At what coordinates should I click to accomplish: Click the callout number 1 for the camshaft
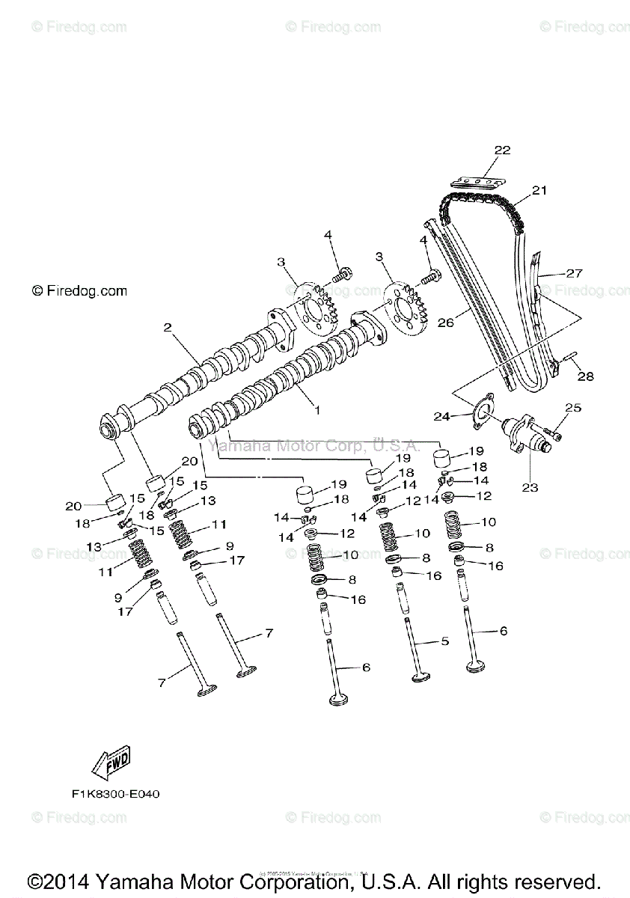[x=316, y=409]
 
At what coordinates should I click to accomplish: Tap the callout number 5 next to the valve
[x=444, y=641]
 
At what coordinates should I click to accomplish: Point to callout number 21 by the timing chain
[x=539, y=191]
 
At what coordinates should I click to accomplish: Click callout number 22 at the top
[x=502, y=150]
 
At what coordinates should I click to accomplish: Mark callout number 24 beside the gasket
[x=442, y=415]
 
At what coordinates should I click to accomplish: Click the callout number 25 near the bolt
[x=572, y=408]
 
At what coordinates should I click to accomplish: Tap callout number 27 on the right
[x=574, y=274]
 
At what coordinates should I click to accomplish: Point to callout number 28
[x=585, y=376]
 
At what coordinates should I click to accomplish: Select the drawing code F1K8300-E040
[x=111, y=793]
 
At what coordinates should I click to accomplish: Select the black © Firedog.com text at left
[x=79, y=290]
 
